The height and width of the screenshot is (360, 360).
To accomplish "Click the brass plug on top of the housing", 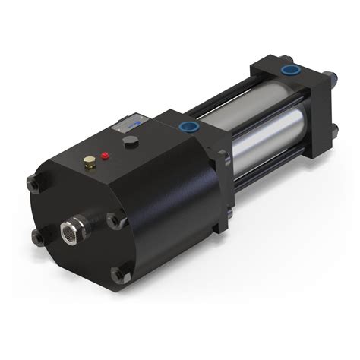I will (90, 160).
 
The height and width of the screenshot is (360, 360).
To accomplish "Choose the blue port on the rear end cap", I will (289, 70).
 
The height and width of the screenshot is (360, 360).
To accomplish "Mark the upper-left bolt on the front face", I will (33, 183).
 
